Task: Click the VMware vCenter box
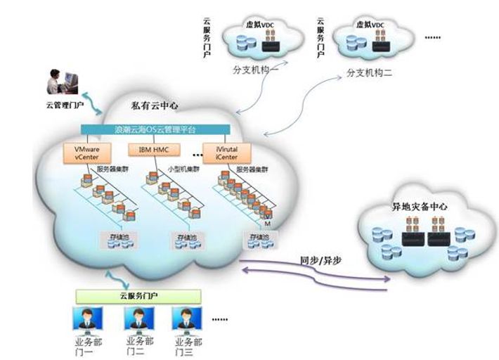click(x=82, y=153)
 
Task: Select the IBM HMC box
click(x=155, y=149)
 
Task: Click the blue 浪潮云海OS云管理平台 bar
click(x=155, y=130)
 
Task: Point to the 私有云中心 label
click(x=155, y=107)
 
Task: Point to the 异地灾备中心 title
click(x=420, y=207)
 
